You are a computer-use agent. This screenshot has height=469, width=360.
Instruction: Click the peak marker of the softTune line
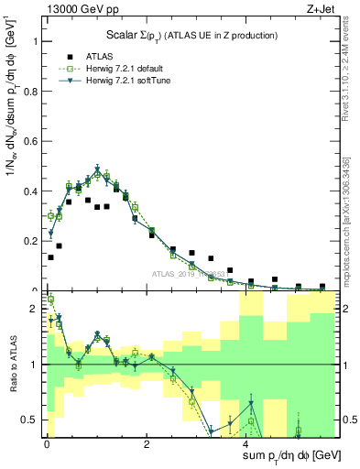(97, 170)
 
